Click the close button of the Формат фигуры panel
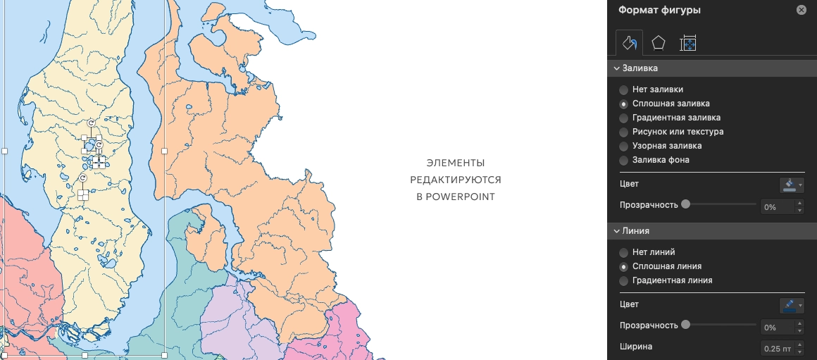pyautogui.click(x=801, y=10)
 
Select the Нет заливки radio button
pyautogui.click(x=624, y=90)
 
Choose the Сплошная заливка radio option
pyautogui.click(x=624, y=104)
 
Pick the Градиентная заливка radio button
pyautogui.click(x=624, y=118)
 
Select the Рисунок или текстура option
pyautogui.click(x=624, y=132)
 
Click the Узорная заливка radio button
pyautogui.click(x=624, y=147)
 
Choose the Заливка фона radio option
pyautogui.click(x=624, y=161)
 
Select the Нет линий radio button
pyautogui.click(x=624, y=252)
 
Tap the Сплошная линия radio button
pyautogui.click(x=624, y=267)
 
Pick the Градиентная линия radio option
pyautogui.click(x=624, y=281)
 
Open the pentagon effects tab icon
pyautogui.click(x=658, y=44)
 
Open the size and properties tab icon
pyautogui.click(x=688, y=44)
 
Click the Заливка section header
pyautogui.click(x=640, y=68)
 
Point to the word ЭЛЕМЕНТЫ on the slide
pyautogui.click(x=456, y=163)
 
